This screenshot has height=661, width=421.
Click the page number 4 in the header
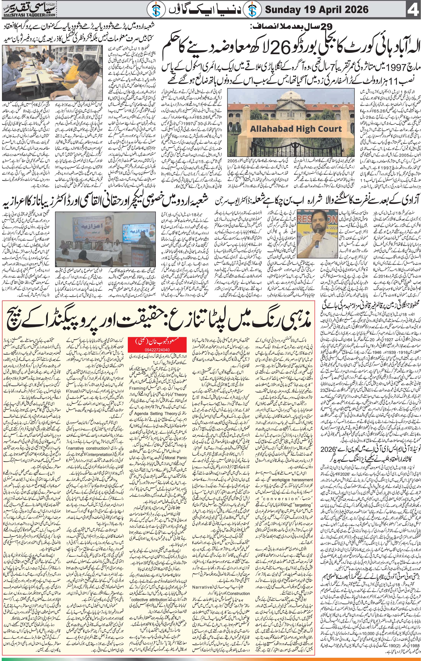[413, 10]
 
